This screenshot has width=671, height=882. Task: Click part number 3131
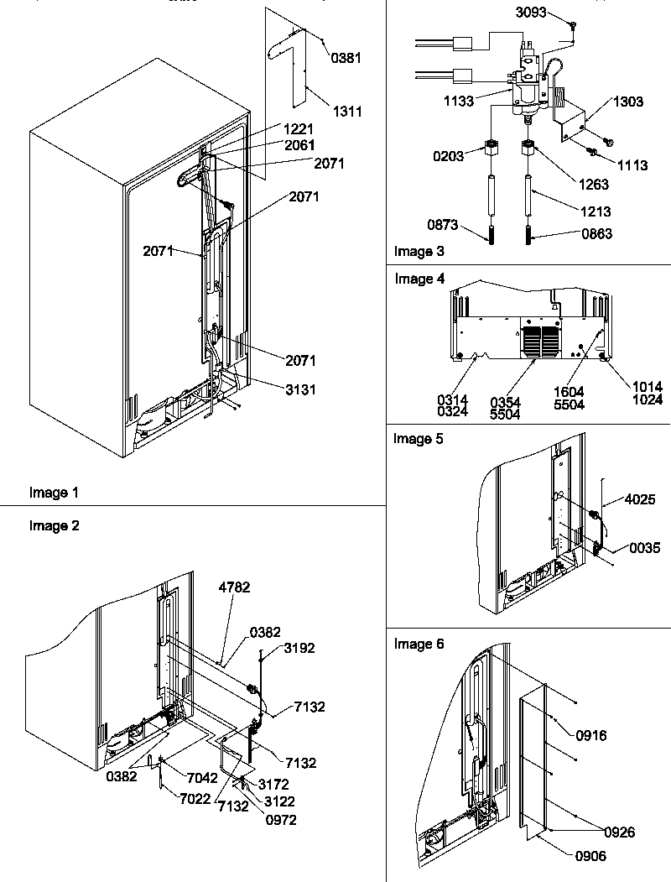[300, 390]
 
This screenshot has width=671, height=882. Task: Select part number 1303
[628, 102]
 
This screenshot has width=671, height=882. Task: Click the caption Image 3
[419, 251]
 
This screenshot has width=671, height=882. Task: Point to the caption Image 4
[419, 279]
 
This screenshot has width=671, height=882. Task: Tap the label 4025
[641, 500]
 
